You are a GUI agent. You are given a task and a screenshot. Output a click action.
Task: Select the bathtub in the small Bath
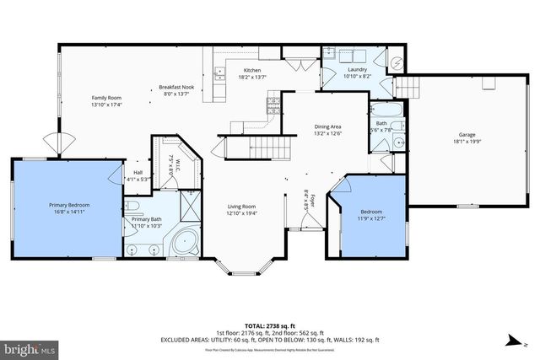(x=384, y=111)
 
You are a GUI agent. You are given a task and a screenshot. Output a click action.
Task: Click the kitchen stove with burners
(x=273, y=105)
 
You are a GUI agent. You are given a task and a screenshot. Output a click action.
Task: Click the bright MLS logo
(x=30, y=347)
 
